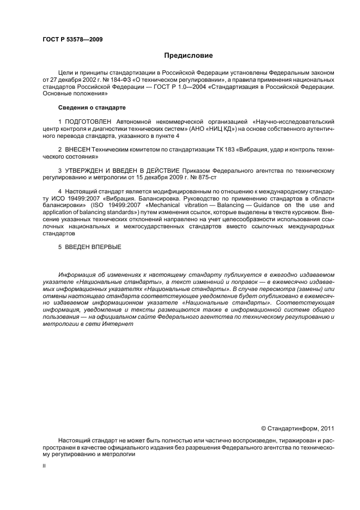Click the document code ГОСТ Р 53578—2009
72,39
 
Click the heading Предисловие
188,55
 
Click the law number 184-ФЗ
123,79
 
